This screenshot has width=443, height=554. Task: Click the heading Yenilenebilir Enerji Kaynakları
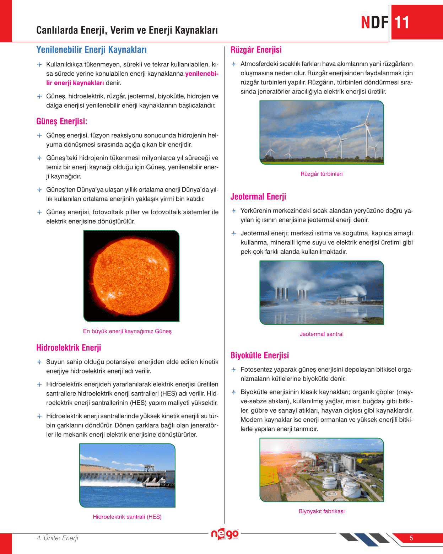coord(91,50)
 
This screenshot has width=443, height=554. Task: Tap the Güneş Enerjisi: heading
coord(61,122)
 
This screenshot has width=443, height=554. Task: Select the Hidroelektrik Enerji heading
coord(69,348)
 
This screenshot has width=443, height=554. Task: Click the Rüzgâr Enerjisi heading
coord(256,50)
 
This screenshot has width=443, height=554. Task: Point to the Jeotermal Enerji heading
coord(258,197)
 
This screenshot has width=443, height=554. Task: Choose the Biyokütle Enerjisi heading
coord(259,355)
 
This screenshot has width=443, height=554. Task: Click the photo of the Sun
coord(131,276)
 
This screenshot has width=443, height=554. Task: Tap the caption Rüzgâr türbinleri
coord(322,174)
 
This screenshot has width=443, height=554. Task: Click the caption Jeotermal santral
coord(322,334)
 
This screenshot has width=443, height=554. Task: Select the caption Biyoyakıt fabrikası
coord(322,511)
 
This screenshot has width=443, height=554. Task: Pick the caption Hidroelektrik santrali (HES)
coord(127,517)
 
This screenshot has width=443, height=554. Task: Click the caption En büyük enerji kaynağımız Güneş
coord(127,331)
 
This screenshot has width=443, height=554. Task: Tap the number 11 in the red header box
coord(402,22)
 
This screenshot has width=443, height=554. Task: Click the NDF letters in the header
coord(374,22)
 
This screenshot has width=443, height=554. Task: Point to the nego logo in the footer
coord(225,534)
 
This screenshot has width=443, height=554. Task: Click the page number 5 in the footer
coord(411,538)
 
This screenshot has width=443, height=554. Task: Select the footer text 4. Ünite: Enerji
coord(57,538)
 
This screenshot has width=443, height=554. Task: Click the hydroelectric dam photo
coord(127,475)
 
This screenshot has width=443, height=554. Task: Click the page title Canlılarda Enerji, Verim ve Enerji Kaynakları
coord(127,30)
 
